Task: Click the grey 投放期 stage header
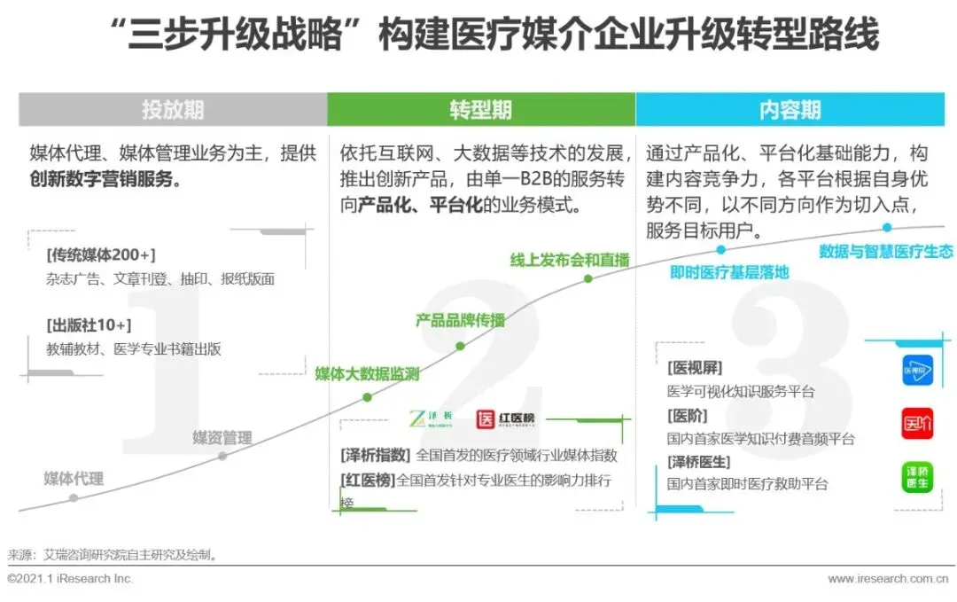coord(173,109)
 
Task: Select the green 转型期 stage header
coord(480,109)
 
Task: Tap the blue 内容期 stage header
coord(790,109)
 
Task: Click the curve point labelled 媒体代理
coord(74,498)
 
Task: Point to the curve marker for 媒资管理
coord(222,456)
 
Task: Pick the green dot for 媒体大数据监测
coord(367,397)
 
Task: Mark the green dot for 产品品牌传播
coord(460,346)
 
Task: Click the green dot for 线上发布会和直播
coord(587,278)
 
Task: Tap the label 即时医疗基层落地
coord(729,272)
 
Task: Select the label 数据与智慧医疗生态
coord(886,251)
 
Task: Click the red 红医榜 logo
coord(506,418)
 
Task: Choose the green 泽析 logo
coord(431,418)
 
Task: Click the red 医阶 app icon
coord(918,423)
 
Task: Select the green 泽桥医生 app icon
coord(918,477)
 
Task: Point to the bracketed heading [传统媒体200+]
coord(100,255)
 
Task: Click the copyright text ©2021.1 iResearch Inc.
coord(70,579)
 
